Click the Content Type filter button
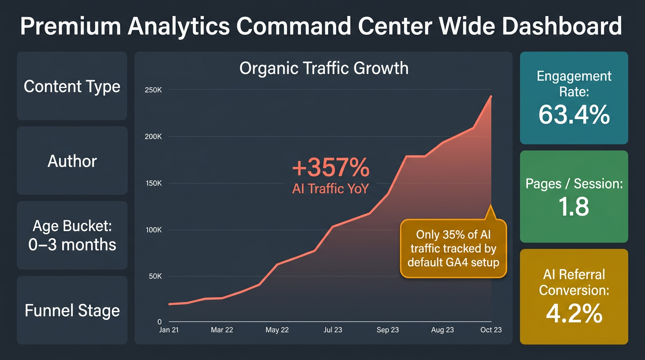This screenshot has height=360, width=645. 72,86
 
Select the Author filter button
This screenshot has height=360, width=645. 72,161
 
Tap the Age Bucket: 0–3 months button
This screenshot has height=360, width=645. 72,235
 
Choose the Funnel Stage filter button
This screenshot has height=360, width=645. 72,310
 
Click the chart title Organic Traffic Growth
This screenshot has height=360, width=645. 323,68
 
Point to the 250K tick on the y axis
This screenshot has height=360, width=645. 152,90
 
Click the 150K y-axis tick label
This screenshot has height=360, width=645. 152,183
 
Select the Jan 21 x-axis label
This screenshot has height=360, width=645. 168,330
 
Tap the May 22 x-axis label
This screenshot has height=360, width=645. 277,330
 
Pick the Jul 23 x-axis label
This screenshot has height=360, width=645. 332,330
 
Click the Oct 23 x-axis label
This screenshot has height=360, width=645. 491,330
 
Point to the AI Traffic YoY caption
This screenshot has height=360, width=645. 330,189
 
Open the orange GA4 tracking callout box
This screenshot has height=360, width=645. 453,248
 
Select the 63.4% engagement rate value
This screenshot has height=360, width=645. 574,115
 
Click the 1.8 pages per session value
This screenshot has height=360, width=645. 574,206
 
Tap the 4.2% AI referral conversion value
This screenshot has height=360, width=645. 574,314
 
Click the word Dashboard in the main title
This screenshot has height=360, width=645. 562,27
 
